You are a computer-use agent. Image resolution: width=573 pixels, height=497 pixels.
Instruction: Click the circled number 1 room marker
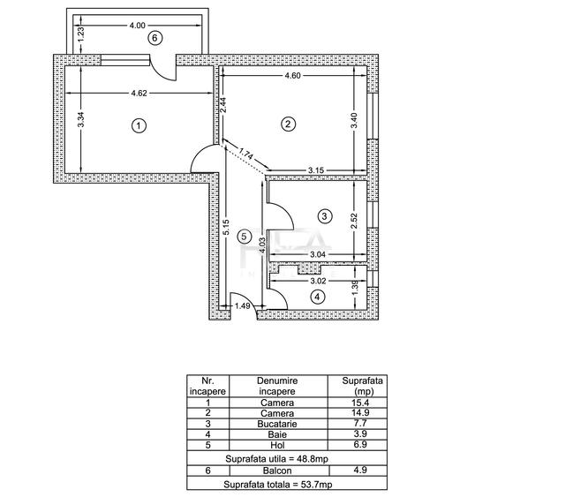coord(139,126)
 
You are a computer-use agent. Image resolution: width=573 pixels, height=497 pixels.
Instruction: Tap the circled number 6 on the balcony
coord(155,38)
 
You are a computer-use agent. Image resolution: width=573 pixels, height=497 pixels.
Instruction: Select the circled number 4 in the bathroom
coord(317,297)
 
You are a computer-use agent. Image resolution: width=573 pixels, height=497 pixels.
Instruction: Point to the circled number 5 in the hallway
coord(244,237)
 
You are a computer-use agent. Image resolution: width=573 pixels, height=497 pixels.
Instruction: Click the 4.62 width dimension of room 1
coord(139,94)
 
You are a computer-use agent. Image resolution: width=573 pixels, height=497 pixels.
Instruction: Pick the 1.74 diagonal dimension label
coord(246,154)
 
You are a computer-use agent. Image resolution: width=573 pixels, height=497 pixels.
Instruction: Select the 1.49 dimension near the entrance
coord(242,305)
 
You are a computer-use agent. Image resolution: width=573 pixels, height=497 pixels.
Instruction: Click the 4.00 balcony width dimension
coord(138,26)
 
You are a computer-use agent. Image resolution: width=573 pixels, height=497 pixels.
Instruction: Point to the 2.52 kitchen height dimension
coord(354,221)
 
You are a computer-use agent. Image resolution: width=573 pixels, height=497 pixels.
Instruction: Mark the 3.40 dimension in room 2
coord(354,121)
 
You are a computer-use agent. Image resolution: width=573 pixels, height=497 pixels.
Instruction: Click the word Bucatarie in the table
coord(277,424)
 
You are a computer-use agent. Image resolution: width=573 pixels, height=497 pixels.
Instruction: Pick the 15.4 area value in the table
coord(361,403)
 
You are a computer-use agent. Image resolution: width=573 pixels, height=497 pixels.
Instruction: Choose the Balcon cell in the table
coord(277,471)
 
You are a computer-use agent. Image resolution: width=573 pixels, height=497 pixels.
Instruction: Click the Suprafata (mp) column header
coord(362,386)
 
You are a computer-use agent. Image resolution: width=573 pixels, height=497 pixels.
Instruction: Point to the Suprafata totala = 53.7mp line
coord(278,485)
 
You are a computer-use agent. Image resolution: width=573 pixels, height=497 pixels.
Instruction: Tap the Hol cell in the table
coord(277,445)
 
